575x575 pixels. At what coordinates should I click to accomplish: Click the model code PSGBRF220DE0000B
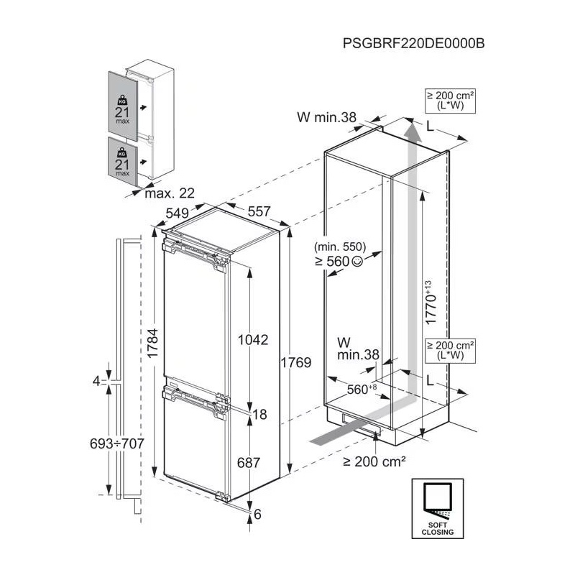(x=414, y=43)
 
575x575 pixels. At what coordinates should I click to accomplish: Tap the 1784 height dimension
(x=152, y=343)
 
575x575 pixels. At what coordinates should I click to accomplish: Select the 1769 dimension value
(x=296, y=362)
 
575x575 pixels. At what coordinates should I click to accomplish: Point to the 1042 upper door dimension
(x=253, y=339)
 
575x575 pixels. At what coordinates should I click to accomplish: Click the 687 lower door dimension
(x=249, y=463)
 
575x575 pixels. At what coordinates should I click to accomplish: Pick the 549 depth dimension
(x=177, y=213)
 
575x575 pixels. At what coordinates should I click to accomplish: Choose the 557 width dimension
(x=259, y=211)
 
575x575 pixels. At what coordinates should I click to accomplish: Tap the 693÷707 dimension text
(x=117, y=443)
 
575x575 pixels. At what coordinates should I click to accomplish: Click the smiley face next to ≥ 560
(x=357, y=262)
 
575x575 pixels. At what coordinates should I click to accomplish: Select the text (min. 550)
(x=340, y=247)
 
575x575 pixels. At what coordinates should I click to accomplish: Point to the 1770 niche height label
(x=431, y=302)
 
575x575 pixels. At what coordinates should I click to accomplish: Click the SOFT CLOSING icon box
(x=438, y=508)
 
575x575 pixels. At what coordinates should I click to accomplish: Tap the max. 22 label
(x=170, y=193)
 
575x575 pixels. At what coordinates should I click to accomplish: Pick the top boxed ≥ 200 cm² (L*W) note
(x=451, y=101)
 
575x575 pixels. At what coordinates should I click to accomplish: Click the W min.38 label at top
(x=327, y=117)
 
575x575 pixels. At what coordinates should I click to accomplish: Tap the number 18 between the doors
(x=259, y=415)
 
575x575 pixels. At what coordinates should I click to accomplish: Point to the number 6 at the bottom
(x=257, y=514)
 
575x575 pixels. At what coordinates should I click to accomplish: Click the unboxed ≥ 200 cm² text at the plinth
(x=374, y=461)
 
